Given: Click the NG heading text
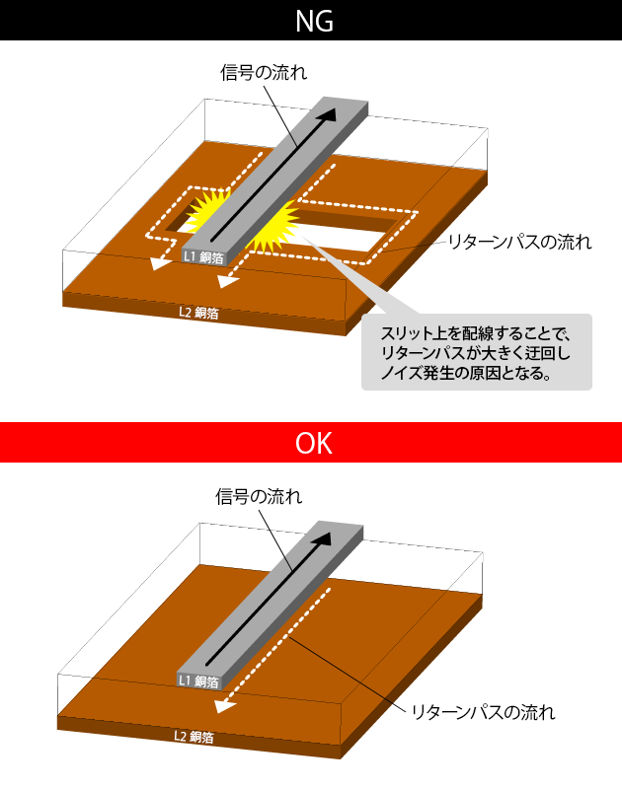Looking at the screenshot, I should [x=310, y=21].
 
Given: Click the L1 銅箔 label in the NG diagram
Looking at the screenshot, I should [x=203, y=256].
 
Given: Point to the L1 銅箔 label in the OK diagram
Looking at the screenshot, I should [x=198, y=681].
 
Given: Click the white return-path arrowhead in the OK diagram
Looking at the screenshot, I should [x=225, y=704].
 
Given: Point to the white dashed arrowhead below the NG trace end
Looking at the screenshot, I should [x=228, y=281].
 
